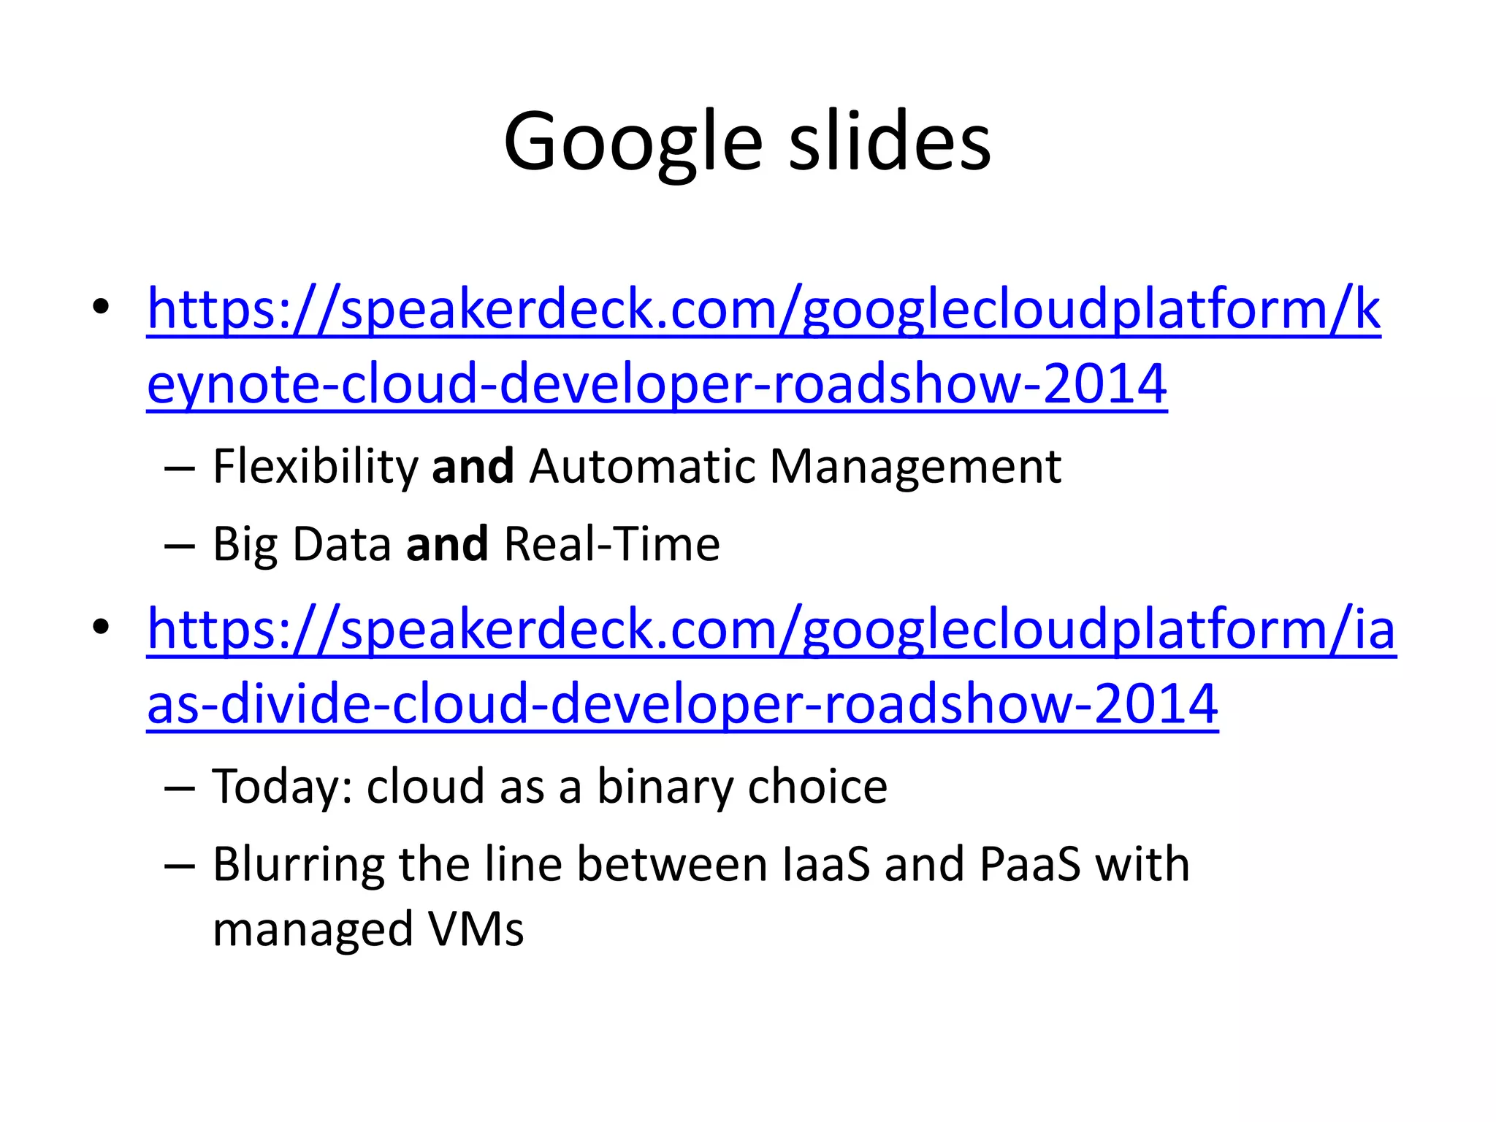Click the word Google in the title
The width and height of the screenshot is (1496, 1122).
click(x=633, y=142)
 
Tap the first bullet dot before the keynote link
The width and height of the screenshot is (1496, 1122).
click(x=101, y=307)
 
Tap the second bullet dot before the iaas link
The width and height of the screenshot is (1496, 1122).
click(x=101, y=627)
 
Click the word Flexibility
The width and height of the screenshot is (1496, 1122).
click(x=315, y=467)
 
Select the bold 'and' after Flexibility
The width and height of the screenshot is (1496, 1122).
click(x=473, y=467)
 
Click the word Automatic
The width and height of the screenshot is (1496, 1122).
click(x=642, y=467)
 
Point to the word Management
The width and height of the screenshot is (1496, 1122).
click(x=915, y=467)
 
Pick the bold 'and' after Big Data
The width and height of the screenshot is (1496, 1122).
click(x=447, y=545)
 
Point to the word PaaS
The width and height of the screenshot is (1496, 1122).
click(x=1029, y=865)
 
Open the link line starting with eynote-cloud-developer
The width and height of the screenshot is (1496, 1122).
click(x=657, y=384)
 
